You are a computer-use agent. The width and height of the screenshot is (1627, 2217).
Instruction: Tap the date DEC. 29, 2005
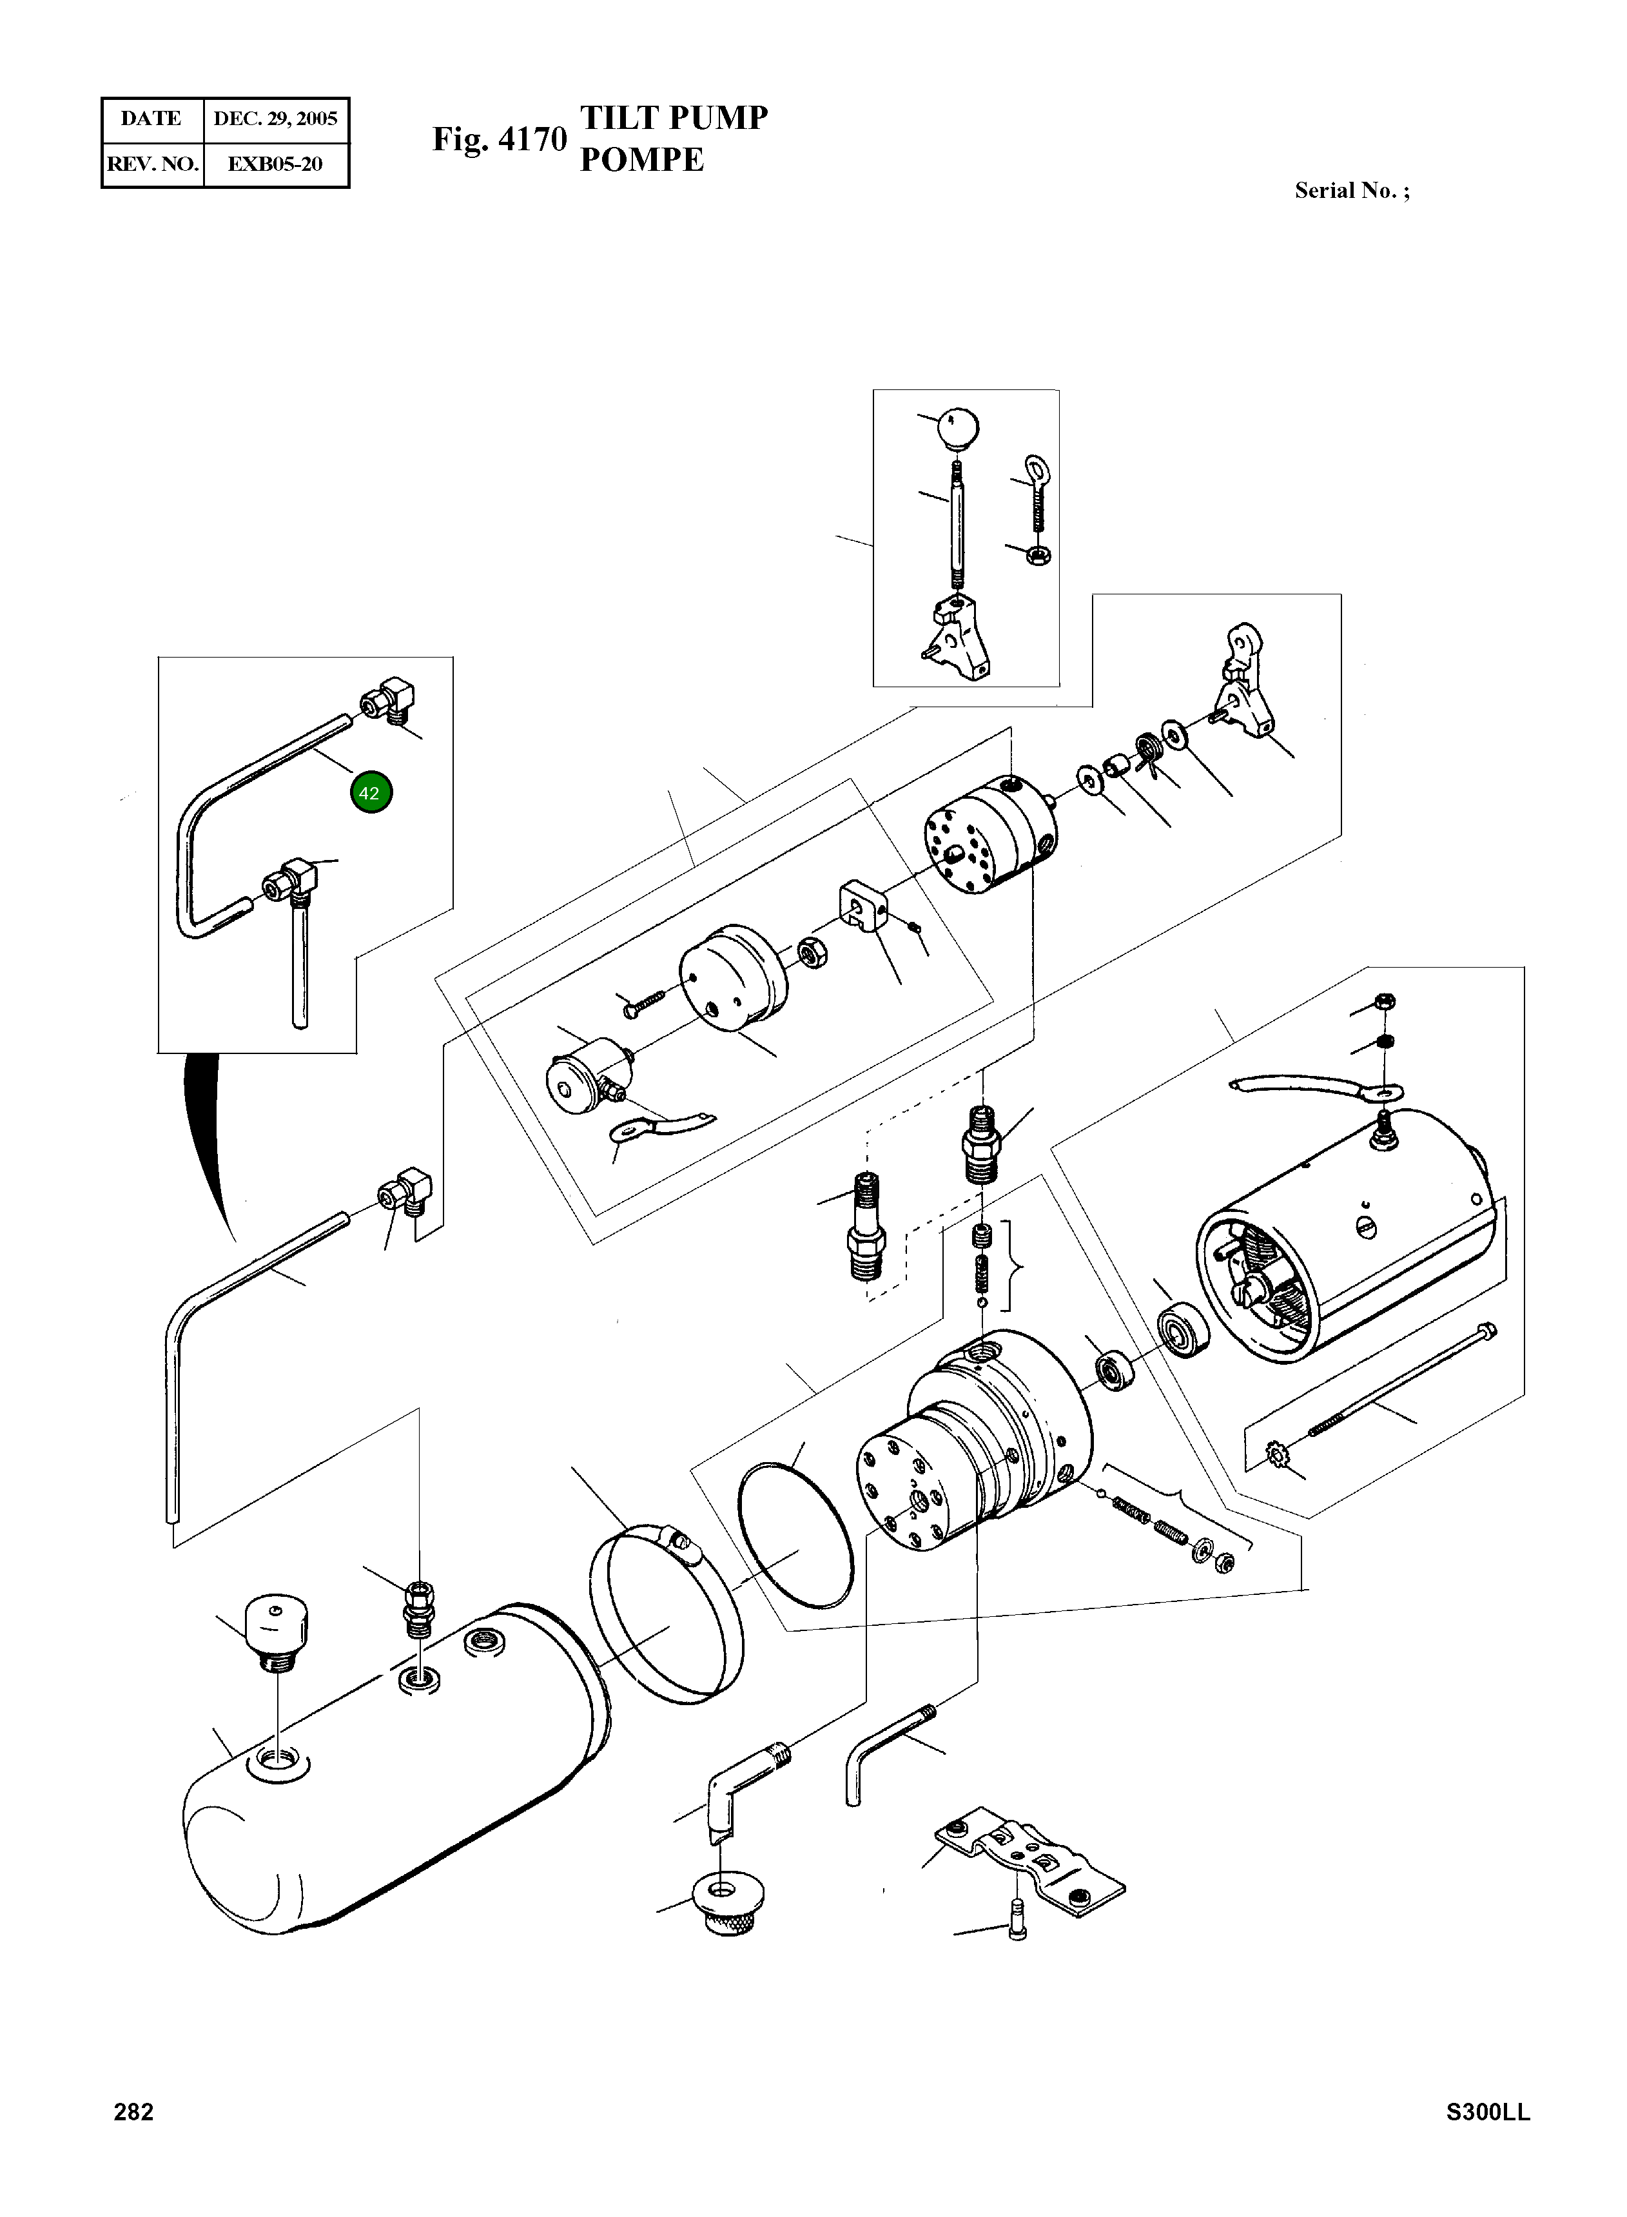(x=276, y=119)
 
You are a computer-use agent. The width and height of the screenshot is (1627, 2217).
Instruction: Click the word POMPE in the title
(x=641, y=159)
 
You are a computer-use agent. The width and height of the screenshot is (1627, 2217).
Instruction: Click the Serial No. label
(x=1351, y=191)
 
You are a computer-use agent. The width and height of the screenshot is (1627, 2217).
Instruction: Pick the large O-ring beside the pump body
(x=795, y=1536)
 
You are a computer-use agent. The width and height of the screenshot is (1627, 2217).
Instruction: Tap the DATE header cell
(x=151, y=119)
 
